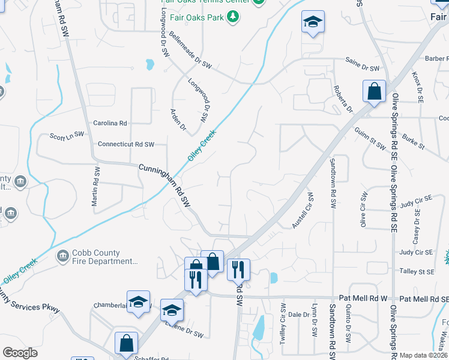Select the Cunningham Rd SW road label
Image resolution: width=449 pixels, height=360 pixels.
click(165, 186)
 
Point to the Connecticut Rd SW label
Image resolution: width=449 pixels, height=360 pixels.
click(126, 145)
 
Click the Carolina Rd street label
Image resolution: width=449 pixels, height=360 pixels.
click(110, 123)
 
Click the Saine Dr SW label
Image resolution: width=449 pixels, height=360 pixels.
click(363, 68)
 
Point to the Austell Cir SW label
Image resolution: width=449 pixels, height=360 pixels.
click(303, 210)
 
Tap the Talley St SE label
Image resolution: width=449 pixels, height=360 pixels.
click(417, 272)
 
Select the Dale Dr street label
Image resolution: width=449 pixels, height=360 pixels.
click(294, 314)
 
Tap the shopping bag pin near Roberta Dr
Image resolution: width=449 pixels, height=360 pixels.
click(373, 92)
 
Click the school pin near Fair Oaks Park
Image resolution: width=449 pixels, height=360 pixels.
click(312, 22)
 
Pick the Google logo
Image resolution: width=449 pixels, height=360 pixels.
click(20, 353)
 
